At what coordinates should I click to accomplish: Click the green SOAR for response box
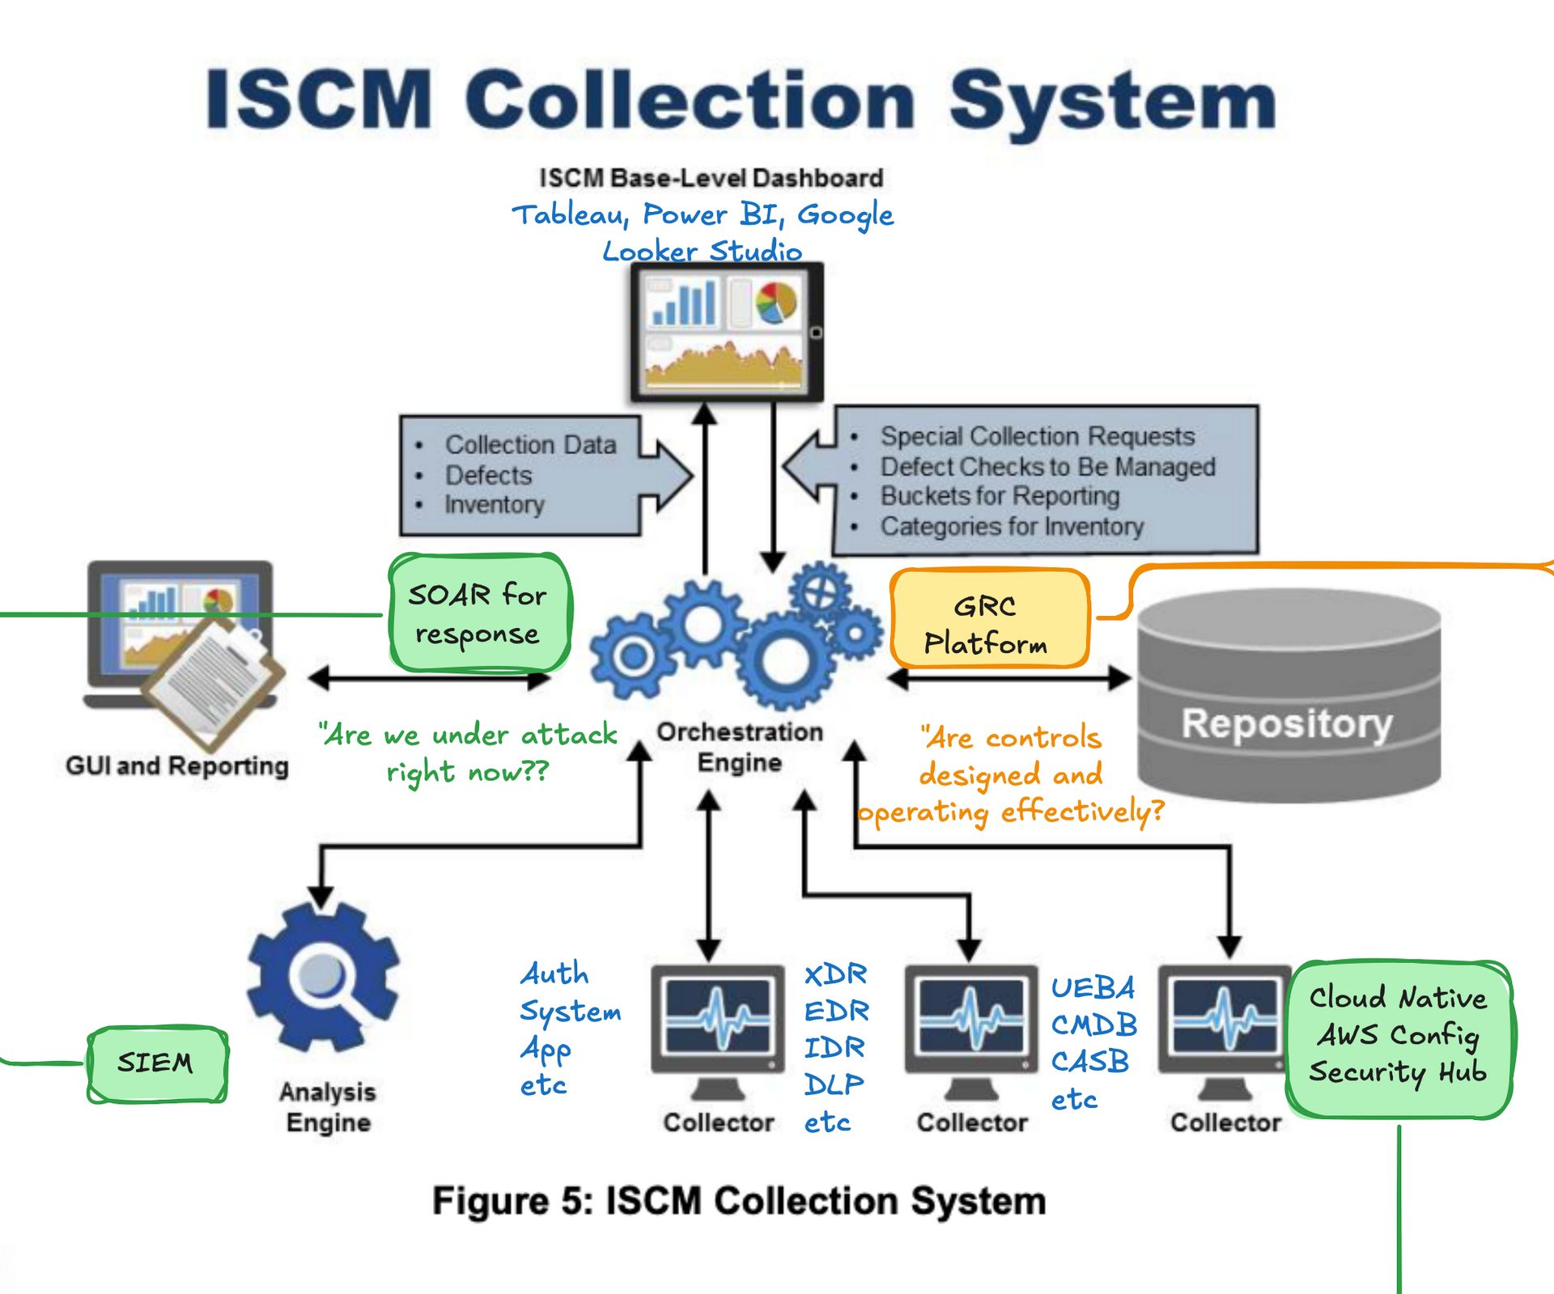pyautogui.click(x=480, y=613)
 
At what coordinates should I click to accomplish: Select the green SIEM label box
pyautogui.click(x=156, y=1063)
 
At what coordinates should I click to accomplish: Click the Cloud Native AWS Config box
pyautogui.click(x=1399, y=1038)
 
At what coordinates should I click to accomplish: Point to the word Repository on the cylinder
pyautogui.click(x=1287, y=723)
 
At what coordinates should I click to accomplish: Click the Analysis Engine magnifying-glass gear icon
pyautogui.click(x=324, y=977)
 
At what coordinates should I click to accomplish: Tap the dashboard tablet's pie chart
pyautogui.click(x=775, y=302)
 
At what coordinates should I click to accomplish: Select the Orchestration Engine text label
pyautogui.click(x=739, y=746)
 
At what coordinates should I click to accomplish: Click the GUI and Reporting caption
pyautogui.click(x=177, y=766)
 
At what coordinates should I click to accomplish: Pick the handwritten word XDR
pyautogui.click(x=835, y=974)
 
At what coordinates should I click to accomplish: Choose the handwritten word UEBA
pyautogui.click(x=1093, y=988)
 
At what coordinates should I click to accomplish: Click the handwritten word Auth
pyautogui.click(x=554, y=974)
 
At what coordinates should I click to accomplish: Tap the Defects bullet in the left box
pyautogui.click(x=488, y=475)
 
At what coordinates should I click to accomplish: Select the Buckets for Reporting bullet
pyautogui.click(x=1000, y=495)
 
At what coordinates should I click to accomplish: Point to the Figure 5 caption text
pyautogui.click(x=738, y=1201)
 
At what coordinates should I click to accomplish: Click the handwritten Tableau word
pyautogui.click(x=571, y=215)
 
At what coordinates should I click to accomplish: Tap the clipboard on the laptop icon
pyautogui.click(x=214, y=681)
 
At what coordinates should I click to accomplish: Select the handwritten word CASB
pyautogui.click(x=1089, y=1061)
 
